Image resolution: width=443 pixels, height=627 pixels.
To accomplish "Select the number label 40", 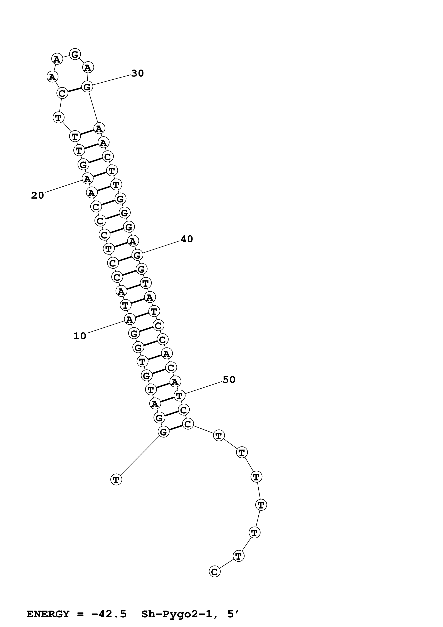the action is pyautogui.click(x=187, y=239).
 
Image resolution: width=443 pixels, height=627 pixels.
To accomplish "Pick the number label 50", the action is pyautogui.click(x=229, y=380).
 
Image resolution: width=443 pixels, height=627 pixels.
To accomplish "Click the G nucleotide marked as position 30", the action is pyautogui.click(x=87, y=87).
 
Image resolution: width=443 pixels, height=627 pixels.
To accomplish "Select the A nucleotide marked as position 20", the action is pyautogui.click(x=87, y=179).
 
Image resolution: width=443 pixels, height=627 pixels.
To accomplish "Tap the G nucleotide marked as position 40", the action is pyautogui.click(x=137, y=255).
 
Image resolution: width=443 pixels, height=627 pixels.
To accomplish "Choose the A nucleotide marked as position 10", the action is pyautogui.click(x=129, y=319).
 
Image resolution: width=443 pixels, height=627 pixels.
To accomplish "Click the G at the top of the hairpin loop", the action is pyautogui.click(x=75, y=54).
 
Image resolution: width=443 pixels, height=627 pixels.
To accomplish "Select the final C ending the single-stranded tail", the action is pyautogui.click(x=215, y=572).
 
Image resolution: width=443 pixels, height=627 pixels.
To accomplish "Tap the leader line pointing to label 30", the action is pyautogui.click(x=112, y=80).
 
